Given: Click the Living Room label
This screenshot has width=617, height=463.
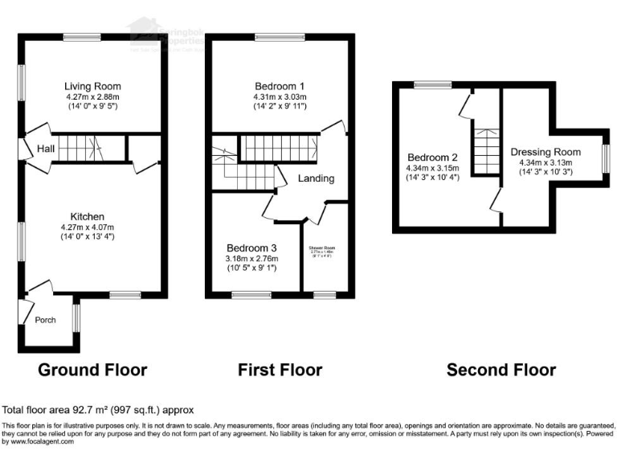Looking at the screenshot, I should tap(92, 86).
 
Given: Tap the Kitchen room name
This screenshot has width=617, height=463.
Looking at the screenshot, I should tap(87, 217).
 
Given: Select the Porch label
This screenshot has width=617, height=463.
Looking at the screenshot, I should tap(45, 320).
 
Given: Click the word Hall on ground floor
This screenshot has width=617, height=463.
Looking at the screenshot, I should tap(45, 148).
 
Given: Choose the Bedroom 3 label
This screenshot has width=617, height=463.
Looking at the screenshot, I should tap(251, 248).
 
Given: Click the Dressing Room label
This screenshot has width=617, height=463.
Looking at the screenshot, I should tap(545, 151).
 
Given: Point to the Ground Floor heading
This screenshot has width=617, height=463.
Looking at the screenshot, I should tap(92, 370).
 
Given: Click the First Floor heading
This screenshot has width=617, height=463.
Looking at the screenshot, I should tap(280, 370).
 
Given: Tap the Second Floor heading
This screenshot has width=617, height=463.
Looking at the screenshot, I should tap(501, 370).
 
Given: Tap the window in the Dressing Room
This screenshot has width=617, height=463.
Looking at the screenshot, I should tap(605, 157).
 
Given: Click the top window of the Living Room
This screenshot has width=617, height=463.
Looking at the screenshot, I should tap(82, 37).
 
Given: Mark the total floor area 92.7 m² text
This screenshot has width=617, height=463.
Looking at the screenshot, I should tap(98, 409).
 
